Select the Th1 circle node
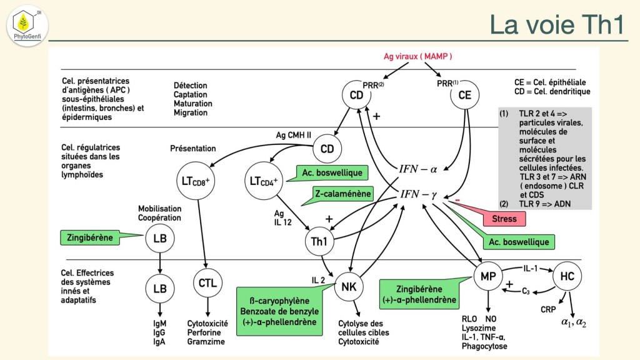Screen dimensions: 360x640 pos(319,241)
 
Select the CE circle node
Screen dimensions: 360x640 pos(465,96)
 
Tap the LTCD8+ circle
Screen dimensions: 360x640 pos(196,182)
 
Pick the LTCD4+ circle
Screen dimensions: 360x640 pos(264,181)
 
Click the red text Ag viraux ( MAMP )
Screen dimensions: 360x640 pos(417,56)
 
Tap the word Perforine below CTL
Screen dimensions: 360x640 pos(204,333)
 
